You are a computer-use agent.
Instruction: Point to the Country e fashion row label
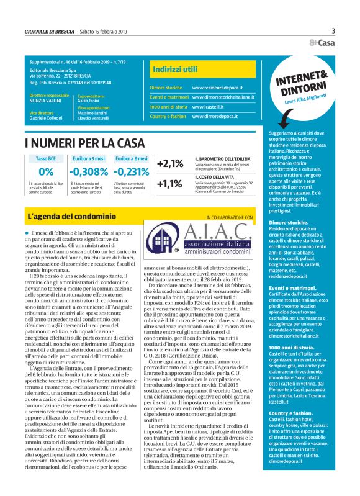coord(168,116)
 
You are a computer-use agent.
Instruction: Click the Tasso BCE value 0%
coord(46,172)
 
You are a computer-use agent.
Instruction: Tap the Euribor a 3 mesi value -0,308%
coord(89,172)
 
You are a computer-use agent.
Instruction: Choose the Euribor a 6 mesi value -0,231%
coord(132,172)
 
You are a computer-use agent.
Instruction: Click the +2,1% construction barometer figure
coord(170,164)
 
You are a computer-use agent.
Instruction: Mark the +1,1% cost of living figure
coord(170,184)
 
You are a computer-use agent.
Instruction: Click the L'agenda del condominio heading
coord(73,217)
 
